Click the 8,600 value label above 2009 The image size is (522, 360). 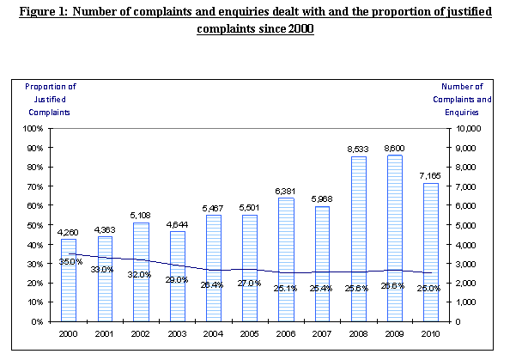(x=394, y=149)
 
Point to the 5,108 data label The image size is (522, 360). (x=141, y=216)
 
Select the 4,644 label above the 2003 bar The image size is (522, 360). (x=177, y=225)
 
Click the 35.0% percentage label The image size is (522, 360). (x=70, y=261)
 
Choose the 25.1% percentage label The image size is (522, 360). (x=286, y=288)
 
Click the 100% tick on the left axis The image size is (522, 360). (x=33, y=128)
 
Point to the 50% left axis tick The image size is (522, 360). (x=35, y=225)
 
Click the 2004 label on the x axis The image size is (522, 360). (x=214, y=333)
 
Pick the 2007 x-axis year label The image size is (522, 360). (x=322, y=333)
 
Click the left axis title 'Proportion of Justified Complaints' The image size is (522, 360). (x=51, y=99)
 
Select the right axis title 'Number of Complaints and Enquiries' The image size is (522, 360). (x=466, y=99)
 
